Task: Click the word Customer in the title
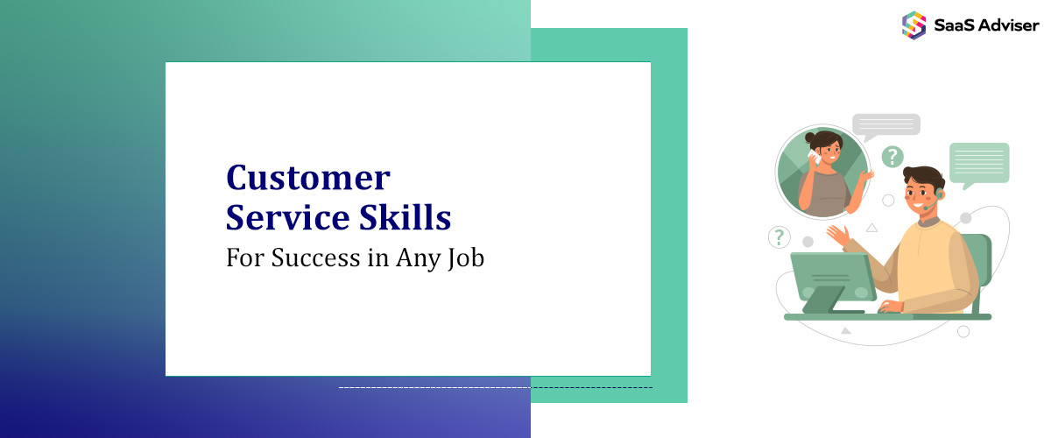click(x=307, y=178)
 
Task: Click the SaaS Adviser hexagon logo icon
click(x=914, y=25)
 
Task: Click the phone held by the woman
click(x=814, y=159)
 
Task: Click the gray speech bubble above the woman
click(x=885, y=125)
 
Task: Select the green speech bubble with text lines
click(x=979, y=163)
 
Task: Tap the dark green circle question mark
click(x=892, y=157)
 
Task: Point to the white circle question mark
click(x=779, y=237)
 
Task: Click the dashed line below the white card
click(x=495, y=387)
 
